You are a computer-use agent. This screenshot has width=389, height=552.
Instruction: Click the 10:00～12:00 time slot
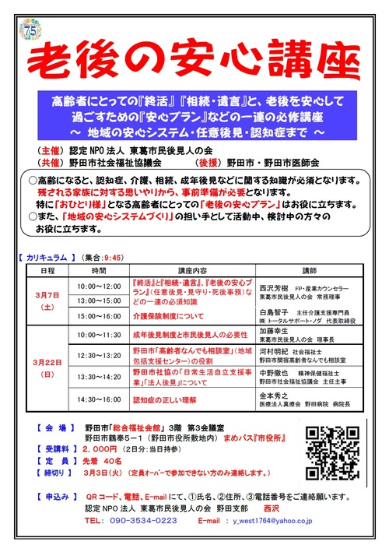pyautogui.click(x=100, y=287)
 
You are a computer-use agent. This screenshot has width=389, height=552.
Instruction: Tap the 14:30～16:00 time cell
pyautogui.click(x=100, y=402)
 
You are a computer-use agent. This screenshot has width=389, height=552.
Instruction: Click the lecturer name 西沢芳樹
pyautogui.click(x=274, y=285)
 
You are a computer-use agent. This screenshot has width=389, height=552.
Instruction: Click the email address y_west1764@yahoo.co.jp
pyautogui.click(x=283, y=520)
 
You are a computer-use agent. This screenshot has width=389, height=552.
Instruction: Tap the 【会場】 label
pyautogui.click(x=53, y=428)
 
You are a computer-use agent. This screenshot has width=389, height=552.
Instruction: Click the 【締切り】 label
pyautogui.click(x=53, y=473)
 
